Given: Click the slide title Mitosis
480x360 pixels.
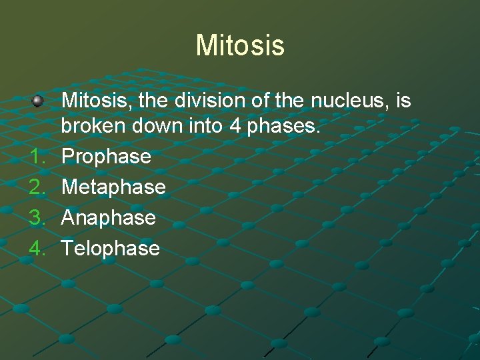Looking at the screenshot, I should (x=240, y=45).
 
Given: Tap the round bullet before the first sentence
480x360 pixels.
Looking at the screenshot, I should (x=38, y=101).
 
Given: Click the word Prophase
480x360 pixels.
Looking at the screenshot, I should (x=107, y=157).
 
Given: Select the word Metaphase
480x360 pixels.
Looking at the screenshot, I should (x=113, y=187).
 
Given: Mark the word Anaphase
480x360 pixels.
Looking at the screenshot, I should (x=109, y=218).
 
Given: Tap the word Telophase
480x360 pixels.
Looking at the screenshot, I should (x=111, y=249).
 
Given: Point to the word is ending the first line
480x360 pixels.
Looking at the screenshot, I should (x=403, y=101).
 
